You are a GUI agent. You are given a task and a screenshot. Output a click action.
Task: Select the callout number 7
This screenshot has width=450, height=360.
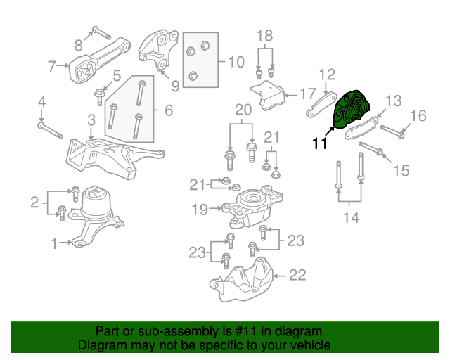click(52, 67)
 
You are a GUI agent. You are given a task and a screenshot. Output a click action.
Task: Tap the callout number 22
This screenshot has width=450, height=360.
click(297, 275)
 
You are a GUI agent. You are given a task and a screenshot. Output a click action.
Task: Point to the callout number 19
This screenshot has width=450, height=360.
click(199, 208)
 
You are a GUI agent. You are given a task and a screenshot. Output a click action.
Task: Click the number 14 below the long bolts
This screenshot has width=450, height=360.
click(349, 219)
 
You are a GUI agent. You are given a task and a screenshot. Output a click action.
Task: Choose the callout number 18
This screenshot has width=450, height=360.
click(264, 36)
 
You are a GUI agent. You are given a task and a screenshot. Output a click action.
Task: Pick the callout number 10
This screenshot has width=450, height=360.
click(236, 61)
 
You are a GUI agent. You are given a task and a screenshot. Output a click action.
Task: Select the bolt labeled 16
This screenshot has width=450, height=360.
click(393, 131)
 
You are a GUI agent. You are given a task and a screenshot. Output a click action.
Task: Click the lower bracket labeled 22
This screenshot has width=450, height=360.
click(246, 279)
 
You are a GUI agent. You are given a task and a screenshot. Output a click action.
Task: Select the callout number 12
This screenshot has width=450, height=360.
click(328, 74)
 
